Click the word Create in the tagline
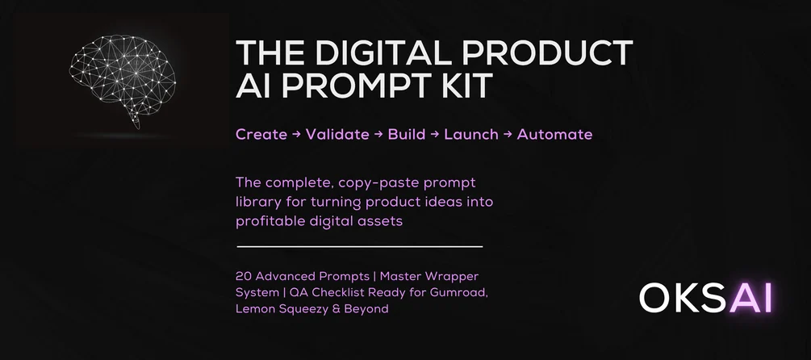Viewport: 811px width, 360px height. [x=261, y=134]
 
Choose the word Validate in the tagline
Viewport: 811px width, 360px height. [x=337, y=134]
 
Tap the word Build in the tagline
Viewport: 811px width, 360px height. [x=406, y=134]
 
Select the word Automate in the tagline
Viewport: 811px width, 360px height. [x=554, y=134]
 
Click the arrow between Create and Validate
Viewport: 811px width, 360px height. [x=296, y=134]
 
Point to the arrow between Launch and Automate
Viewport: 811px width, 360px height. [x=508, y=134]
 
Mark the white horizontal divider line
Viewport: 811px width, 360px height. [x=359, y=246]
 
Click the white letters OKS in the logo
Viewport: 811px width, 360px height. [x=683, y=298]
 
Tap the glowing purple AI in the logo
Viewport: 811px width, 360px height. [x=750, y=298]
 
